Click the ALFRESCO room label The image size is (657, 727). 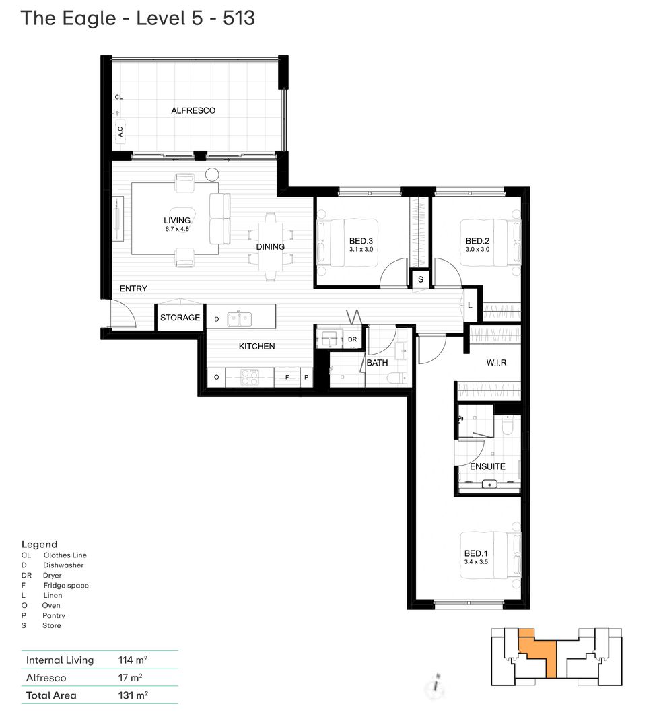click(193, 110)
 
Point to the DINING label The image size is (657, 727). click(270, 246)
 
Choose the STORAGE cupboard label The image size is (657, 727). click(180, 318)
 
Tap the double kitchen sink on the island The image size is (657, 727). click(240, 318)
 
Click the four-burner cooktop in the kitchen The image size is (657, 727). click(250, 378)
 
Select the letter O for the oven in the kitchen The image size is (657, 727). click(216, 378)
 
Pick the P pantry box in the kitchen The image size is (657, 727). click(306, 378)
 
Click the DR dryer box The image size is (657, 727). click(353, 340)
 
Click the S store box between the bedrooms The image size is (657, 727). click(421, 279)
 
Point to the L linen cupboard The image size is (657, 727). click(471, 305)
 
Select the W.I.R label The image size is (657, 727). click(496, 363)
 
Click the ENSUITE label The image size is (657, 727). click(487, 466)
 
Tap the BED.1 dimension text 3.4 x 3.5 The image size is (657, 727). click(475, 561)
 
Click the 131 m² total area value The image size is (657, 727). click(133, 695)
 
